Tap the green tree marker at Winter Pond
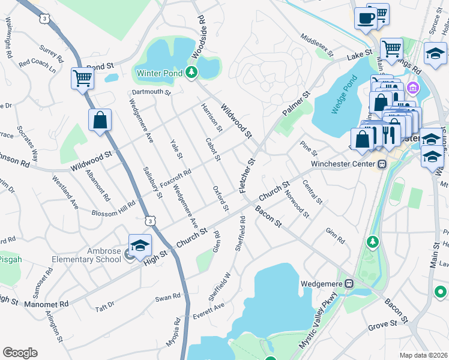pyautogui.click(x=191, y=73)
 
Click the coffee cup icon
pyautogui.click(x=365, y=18)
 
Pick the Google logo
pyautogui.click(x=20, y=352)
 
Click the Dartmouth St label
pyautogui.click(x=151, y=93)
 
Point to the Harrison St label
pyautogui.click(x=211, y=117)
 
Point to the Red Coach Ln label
pyautogui.click(x=37, y=62)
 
